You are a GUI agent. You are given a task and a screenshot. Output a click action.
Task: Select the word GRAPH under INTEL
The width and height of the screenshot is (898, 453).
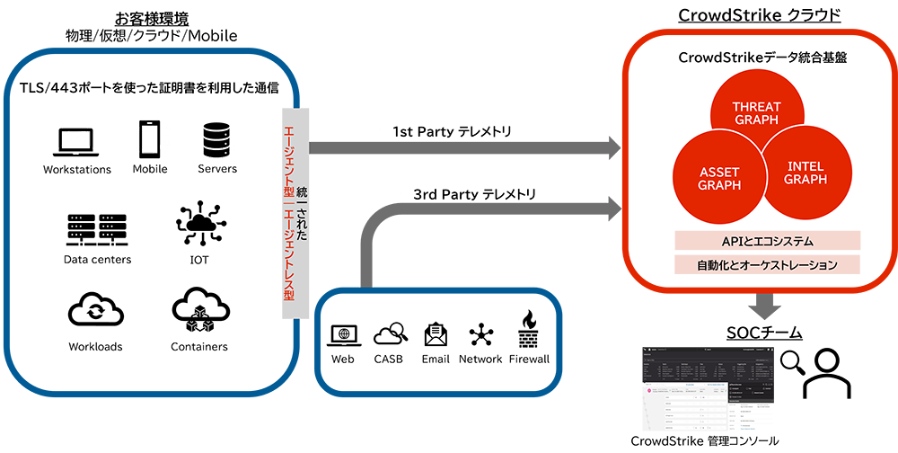[x=805, y=179]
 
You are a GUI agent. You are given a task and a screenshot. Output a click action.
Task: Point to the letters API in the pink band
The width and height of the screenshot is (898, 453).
[x=734, y=242]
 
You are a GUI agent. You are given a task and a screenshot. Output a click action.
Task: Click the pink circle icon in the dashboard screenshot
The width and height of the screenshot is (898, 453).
[x=649, y=392]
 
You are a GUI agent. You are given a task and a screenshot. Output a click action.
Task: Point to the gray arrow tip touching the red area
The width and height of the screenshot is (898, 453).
[x=620, y=144]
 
